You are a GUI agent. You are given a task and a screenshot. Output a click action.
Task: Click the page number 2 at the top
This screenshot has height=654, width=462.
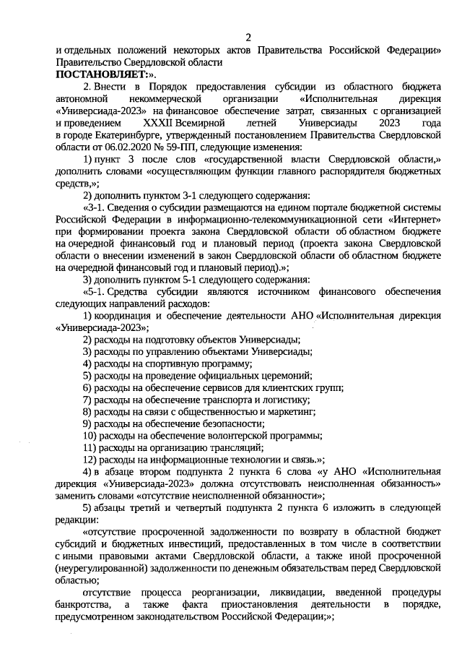[x=248, y=37]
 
